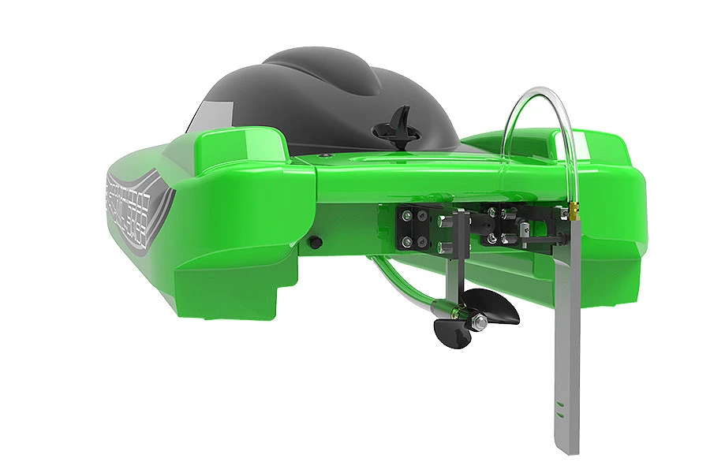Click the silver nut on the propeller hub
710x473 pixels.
click(x=479, y=321)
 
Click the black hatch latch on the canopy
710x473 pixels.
click(x=401, y=126)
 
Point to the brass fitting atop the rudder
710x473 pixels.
click(x=575, y=211)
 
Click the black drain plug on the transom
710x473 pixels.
click(x=315, y=242)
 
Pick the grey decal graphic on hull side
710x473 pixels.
click(x=138, y=209)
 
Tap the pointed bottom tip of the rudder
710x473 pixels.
click(x=571, y=451)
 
